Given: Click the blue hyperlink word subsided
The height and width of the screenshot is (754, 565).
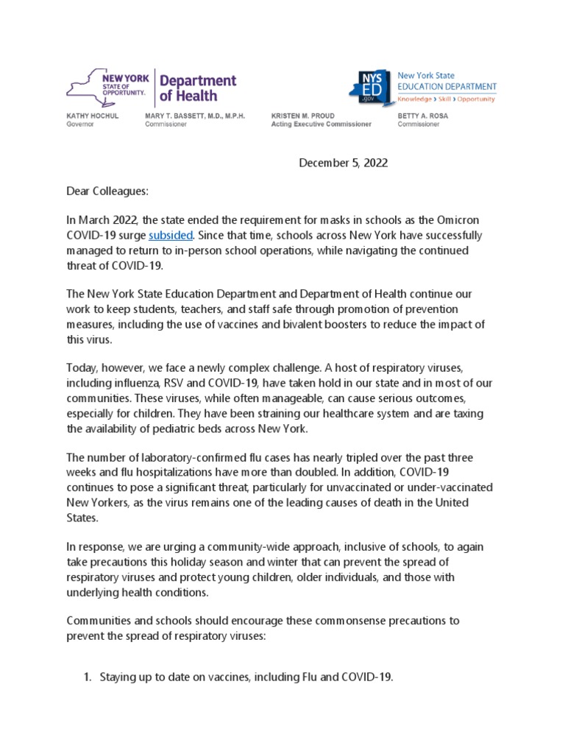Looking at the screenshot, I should (171, 236).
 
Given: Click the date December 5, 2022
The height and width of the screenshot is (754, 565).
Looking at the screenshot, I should (343, 163).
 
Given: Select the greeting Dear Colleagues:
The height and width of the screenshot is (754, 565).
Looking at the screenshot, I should (107, 191).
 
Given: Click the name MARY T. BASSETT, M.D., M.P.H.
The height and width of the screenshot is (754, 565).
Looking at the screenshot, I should (195, 116).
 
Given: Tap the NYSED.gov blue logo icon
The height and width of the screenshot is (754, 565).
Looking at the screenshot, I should (370, 89).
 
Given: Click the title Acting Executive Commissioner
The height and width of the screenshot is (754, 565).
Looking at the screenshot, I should (321, 124).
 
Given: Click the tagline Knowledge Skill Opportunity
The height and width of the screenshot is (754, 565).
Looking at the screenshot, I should (446, 98).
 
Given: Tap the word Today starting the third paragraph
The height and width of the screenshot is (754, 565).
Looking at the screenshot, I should (82, 367).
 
